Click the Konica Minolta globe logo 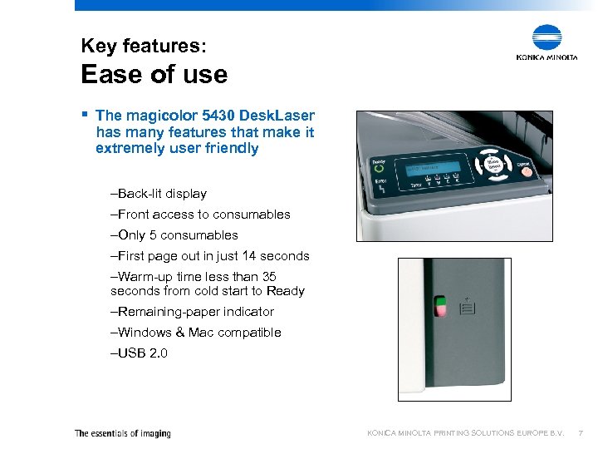547,38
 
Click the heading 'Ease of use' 154,75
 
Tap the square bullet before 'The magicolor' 85,115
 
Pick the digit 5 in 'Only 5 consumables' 154,235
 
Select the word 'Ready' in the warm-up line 286,292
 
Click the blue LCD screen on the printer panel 433,168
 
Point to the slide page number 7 581,433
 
